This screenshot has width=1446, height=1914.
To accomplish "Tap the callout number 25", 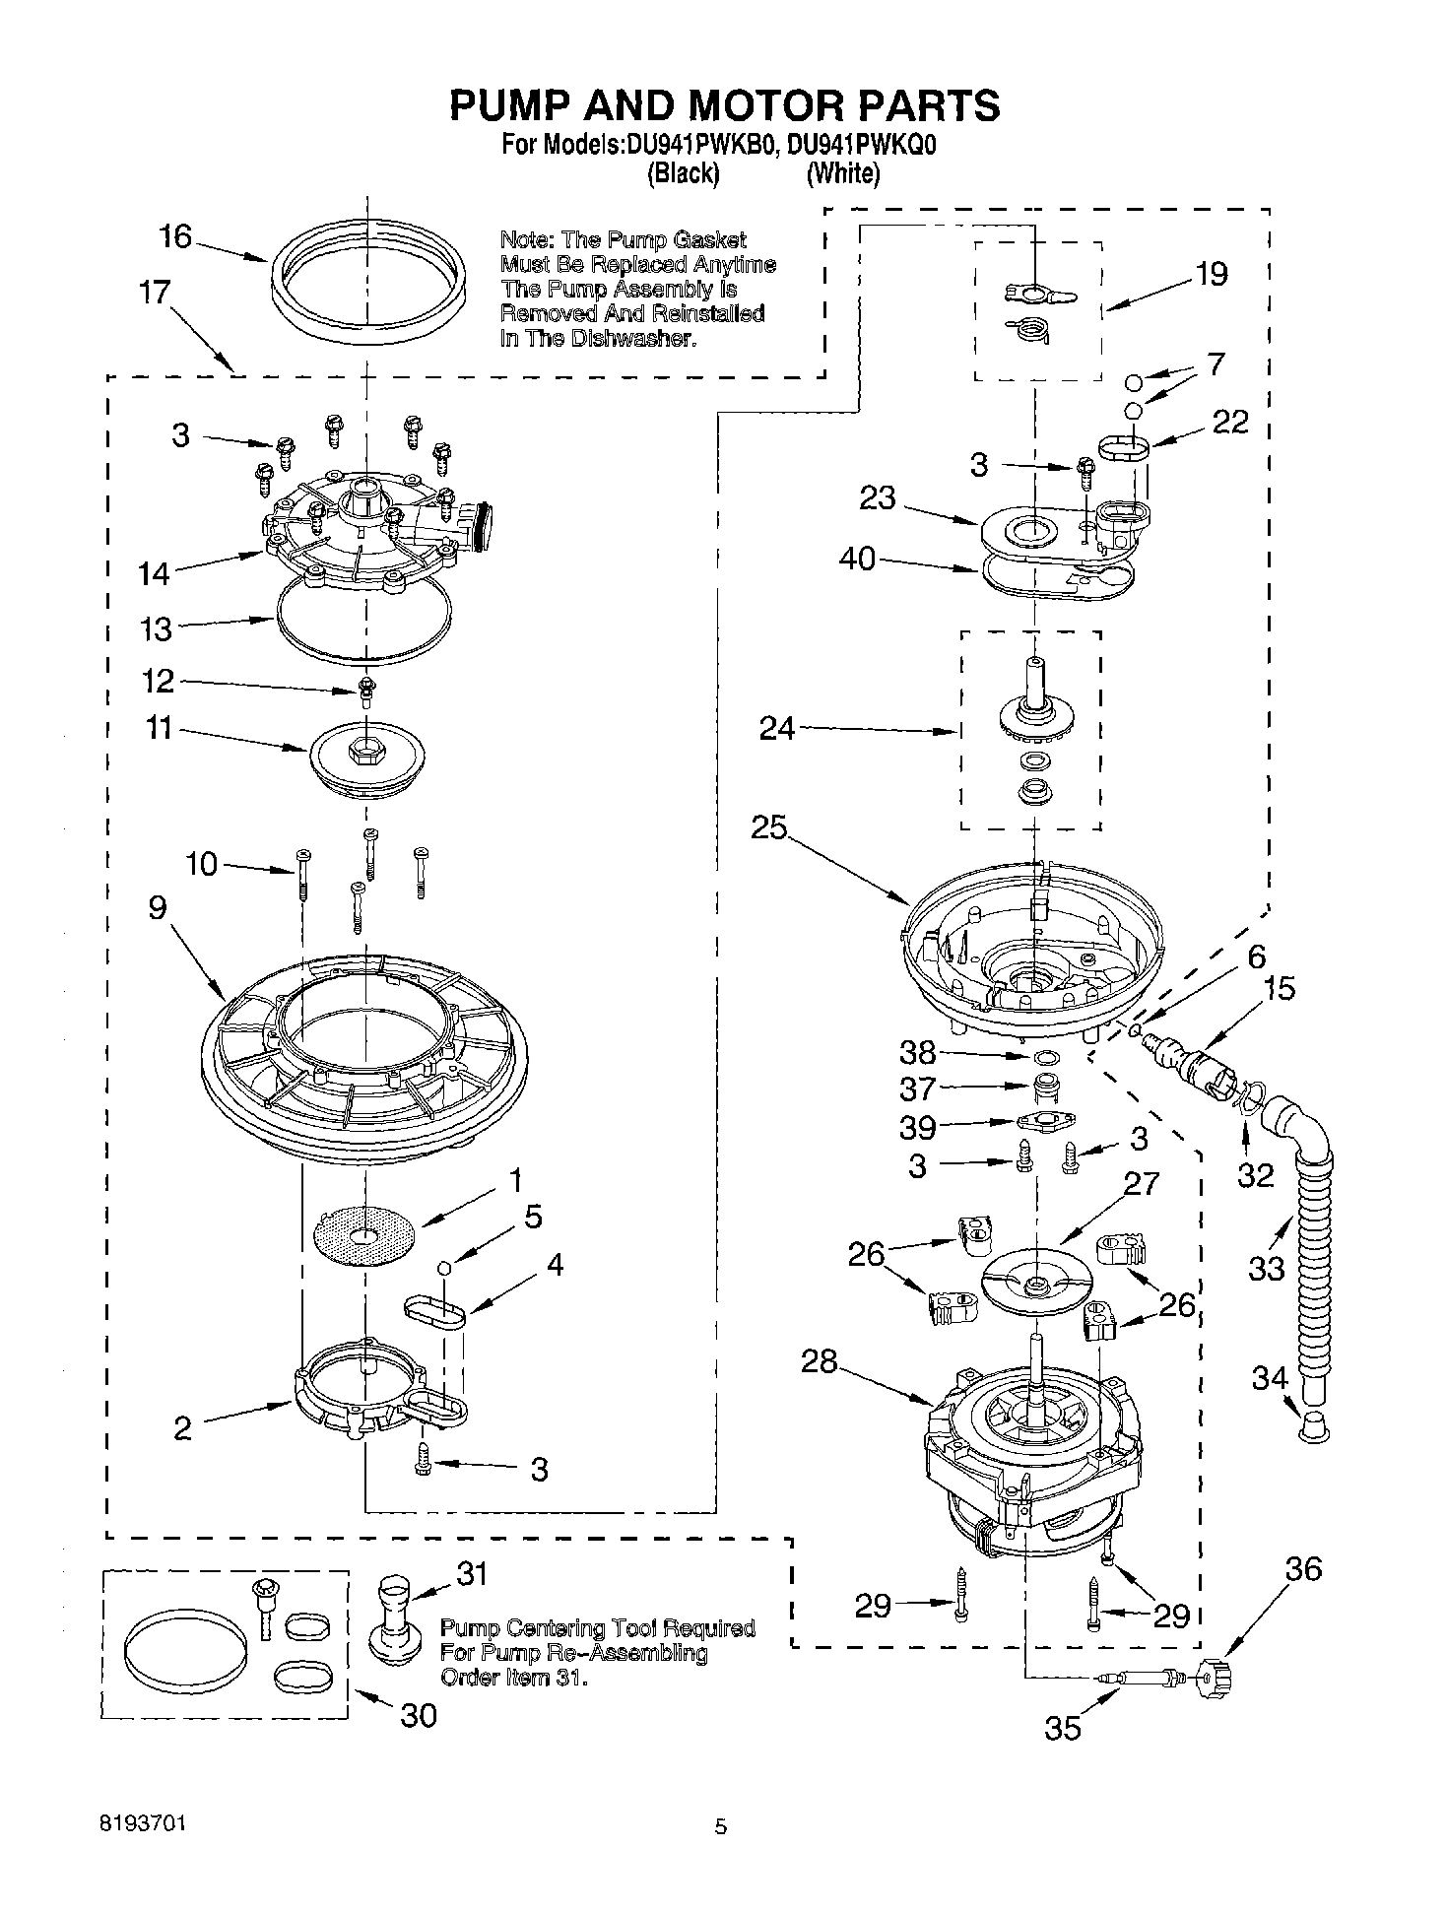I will coord(768,828).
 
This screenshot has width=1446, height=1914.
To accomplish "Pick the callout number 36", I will coord(1303,1568).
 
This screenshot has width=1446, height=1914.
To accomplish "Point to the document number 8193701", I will coord(142,1824).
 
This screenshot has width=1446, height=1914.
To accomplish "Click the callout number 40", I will coord(856,560).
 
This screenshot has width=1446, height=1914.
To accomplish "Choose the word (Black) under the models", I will coord(683,173).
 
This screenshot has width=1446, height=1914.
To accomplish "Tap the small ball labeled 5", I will coord(444,1267).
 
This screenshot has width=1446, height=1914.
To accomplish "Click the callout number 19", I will coord(1211,274).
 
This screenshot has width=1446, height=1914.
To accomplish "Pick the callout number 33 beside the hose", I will coord(1266,1268).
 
